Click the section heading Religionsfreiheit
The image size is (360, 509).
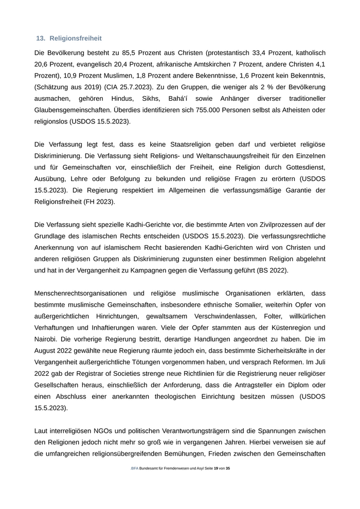tap(76, 39)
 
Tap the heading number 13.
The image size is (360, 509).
tap(41, 39)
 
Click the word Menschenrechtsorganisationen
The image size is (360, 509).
tap(82, 293)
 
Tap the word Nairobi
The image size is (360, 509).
tap(47, 339)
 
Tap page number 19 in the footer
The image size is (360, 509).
tap(215, 468)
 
